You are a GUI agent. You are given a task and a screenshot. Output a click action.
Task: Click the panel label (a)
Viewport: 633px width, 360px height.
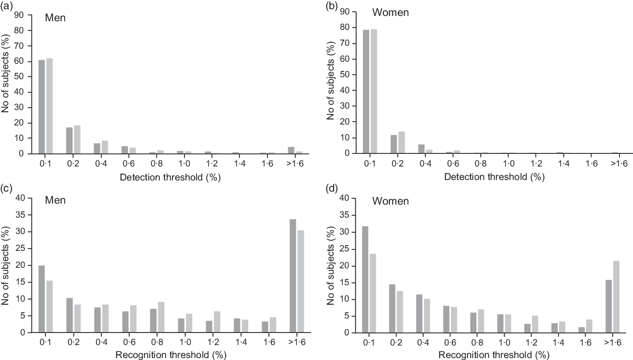[8, 6]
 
